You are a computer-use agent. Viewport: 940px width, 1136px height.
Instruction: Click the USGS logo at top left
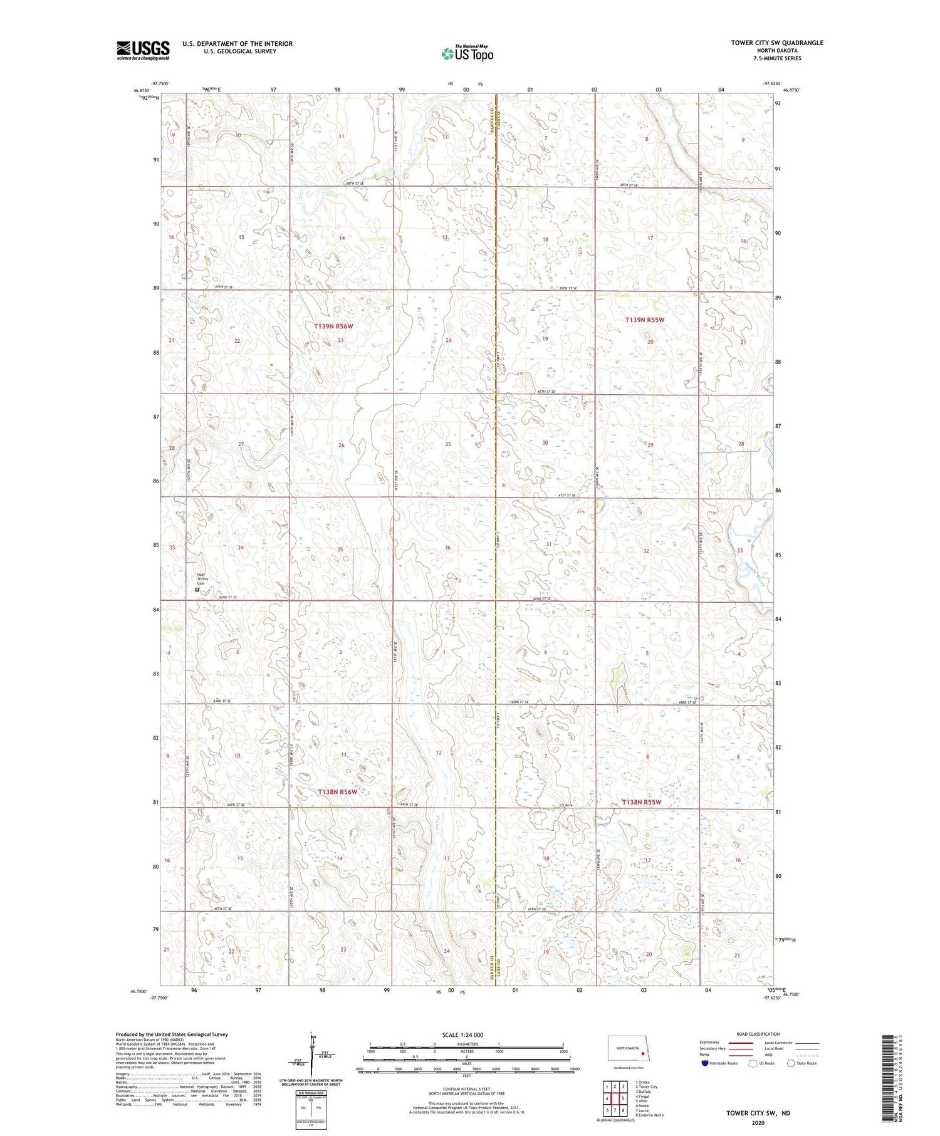[143, 50]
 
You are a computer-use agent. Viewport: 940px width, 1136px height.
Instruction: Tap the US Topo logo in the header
[467, 54]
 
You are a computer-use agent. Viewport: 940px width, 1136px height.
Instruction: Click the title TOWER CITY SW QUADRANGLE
[776, 43]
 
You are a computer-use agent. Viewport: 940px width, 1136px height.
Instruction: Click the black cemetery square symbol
[197, 590]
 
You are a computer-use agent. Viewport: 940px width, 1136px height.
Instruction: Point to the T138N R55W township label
[641, 802]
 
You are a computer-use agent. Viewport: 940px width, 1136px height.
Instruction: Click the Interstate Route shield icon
[704, 1063]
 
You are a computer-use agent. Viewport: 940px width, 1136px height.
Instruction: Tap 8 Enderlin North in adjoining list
[649, 1115]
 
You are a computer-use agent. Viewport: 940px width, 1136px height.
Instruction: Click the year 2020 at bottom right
[758, 1122]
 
